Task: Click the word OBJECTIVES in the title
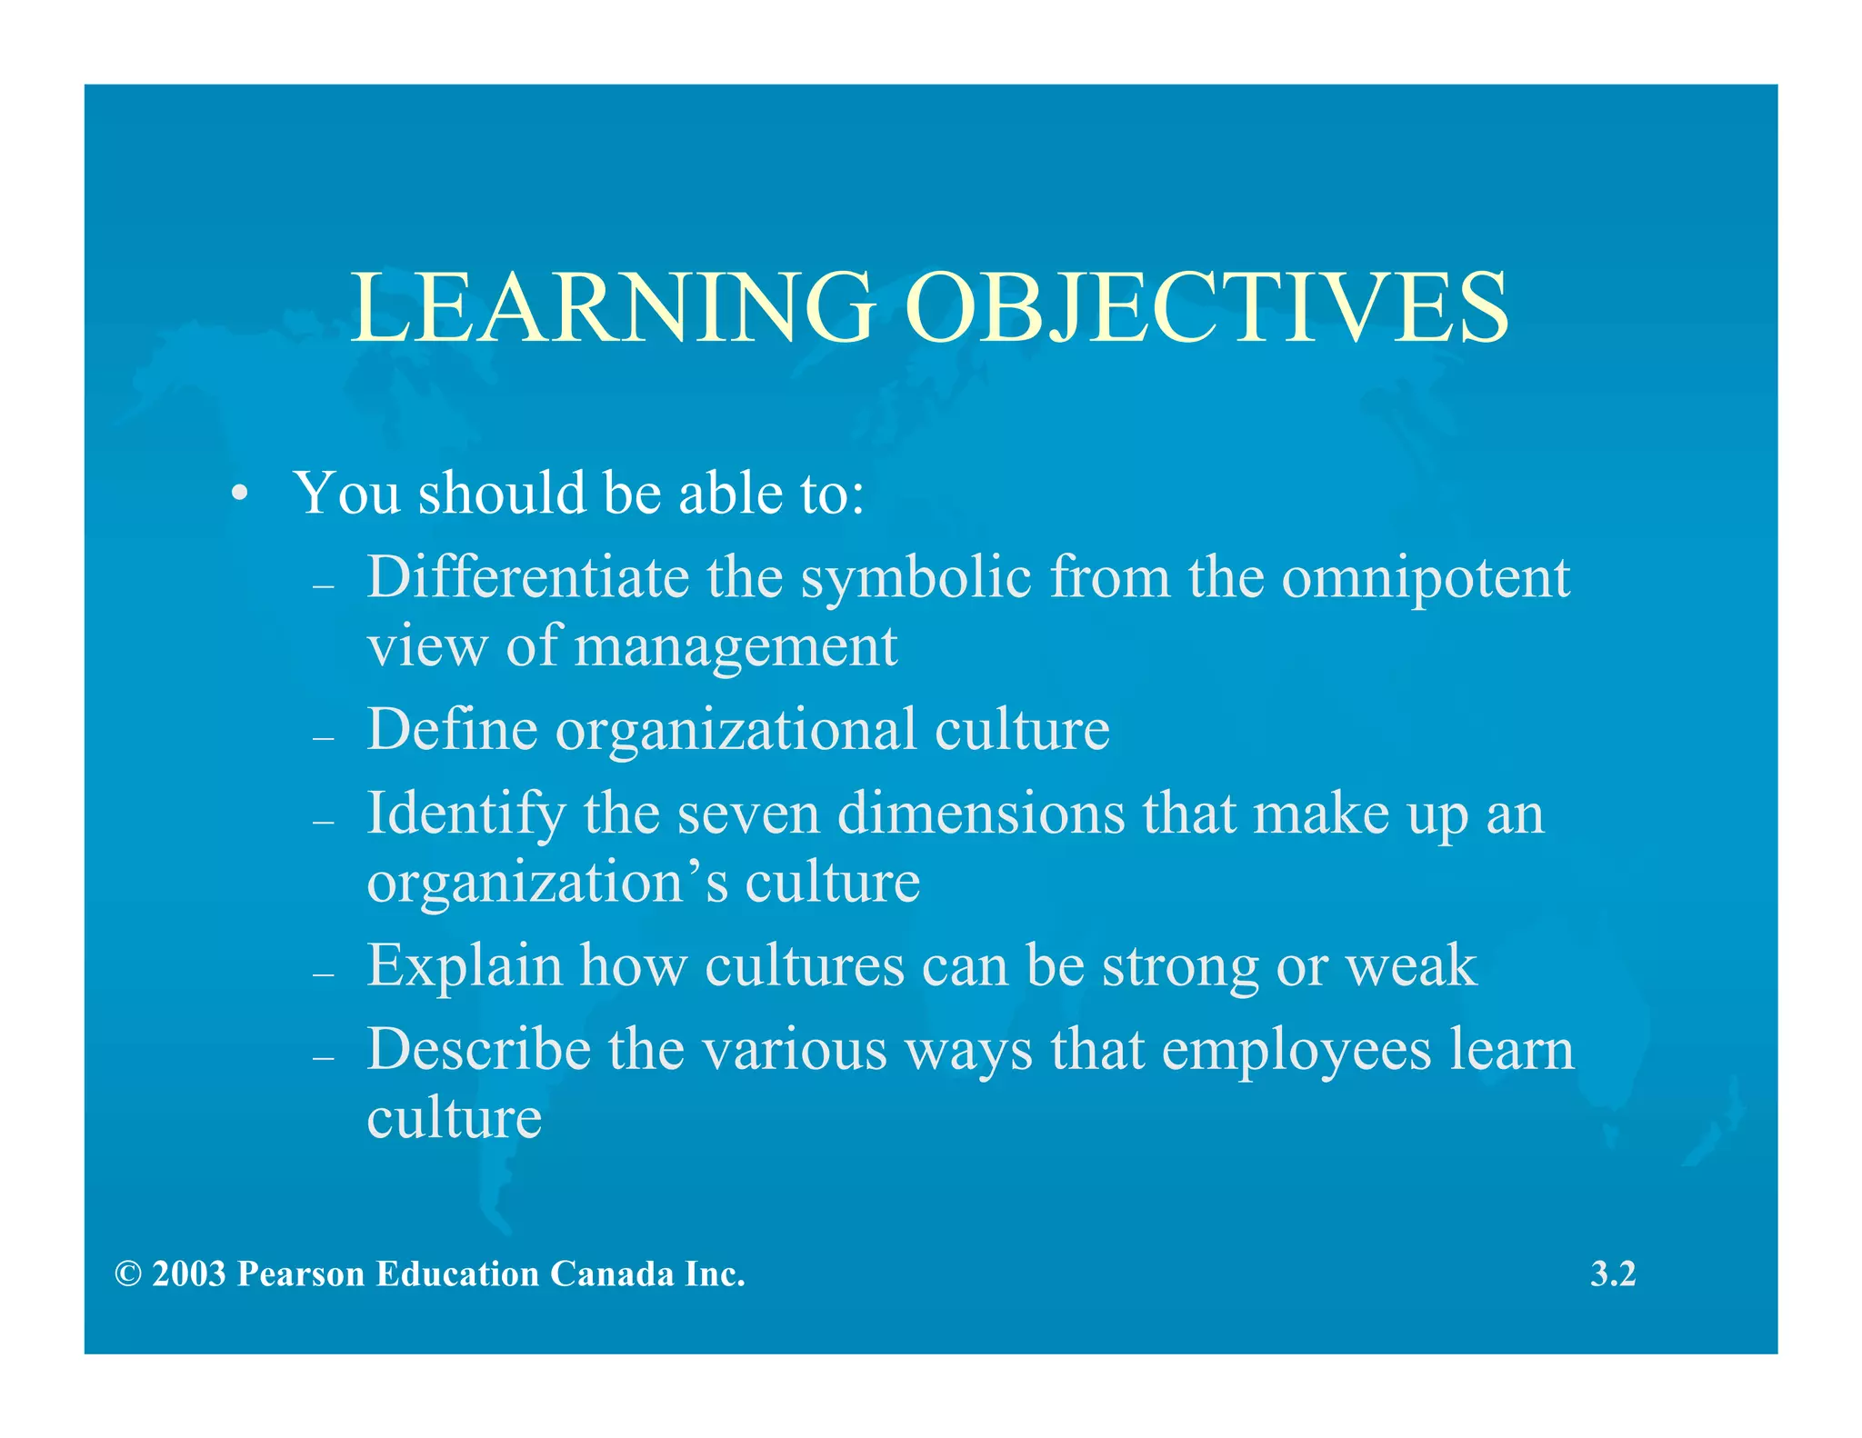1206,308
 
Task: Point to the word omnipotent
1425,580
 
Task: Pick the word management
736,649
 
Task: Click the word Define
452,729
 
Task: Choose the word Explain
465,966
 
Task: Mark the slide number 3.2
1613,1274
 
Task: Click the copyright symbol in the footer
128,1274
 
